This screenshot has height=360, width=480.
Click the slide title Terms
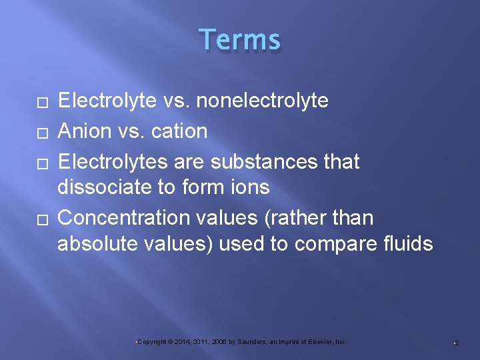coord(239,40)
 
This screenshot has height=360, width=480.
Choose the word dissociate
coord(104,187)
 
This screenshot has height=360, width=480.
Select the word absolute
coord(97,244)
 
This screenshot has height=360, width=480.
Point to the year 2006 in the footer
coord(217,342)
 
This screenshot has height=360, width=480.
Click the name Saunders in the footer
coord(251,342)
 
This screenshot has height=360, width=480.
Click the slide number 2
coord(457,343)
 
